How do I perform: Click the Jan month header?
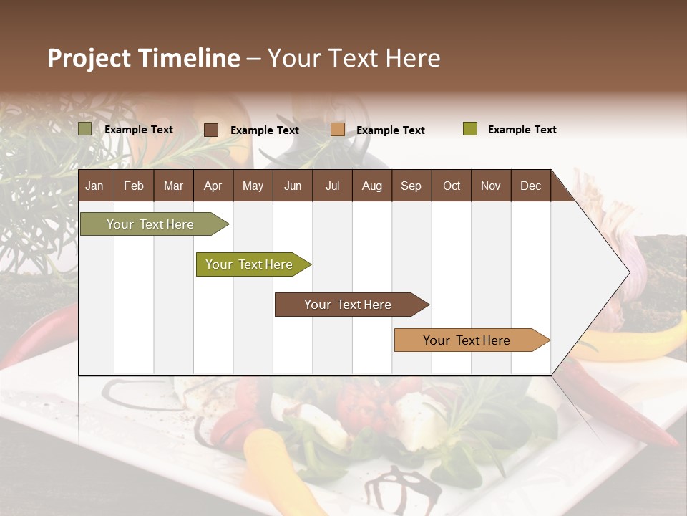click(95, 186)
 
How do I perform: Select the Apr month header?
click(213, 186)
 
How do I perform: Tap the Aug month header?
click(372, 186)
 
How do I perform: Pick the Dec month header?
click(531, 186)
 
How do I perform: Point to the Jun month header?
click(293, 186)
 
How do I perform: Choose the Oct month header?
click(452, 186)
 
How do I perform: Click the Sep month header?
click(411, 186)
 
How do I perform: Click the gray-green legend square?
click(85, 129)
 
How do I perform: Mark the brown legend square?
click(211, 130)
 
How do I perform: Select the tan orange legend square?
click(338, 130)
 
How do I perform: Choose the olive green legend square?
click(470, 129)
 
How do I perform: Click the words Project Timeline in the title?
click(144, 58)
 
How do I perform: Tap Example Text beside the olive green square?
click(522, 130)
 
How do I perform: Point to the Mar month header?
click(174, 186)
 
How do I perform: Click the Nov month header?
click(491, 186)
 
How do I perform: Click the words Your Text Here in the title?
click(354, 58)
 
